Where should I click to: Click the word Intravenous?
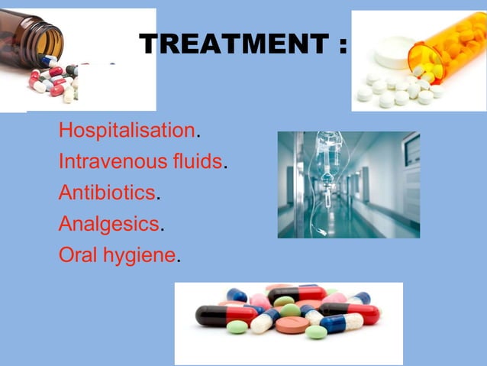[108, 161]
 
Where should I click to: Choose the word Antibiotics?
[107, 193]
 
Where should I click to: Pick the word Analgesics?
[109, 224]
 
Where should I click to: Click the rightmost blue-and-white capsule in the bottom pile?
[343, 321]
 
